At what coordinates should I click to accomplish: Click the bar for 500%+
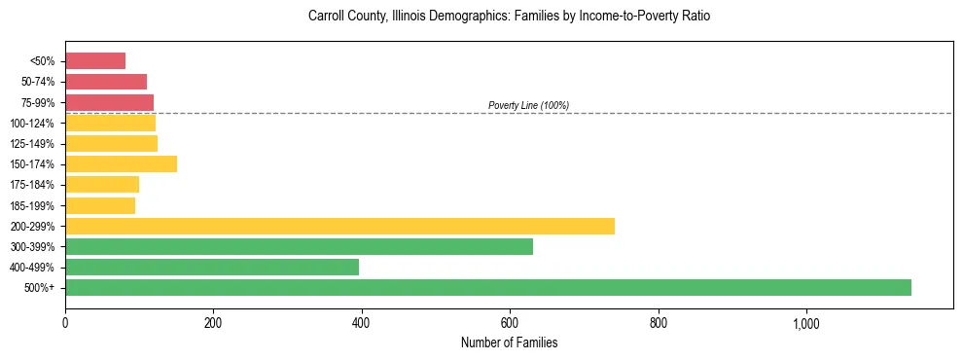(x=488, y=287)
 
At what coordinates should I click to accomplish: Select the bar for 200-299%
(x=339, y=226)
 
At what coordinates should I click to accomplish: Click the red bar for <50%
(x=95, y=60)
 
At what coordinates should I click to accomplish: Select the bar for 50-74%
(x=106, y=81)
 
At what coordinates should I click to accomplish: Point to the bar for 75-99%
(x=109, y=102)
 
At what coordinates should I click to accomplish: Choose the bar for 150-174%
(x=121, y=163)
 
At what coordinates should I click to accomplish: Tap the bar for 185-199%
(x=100, y=205)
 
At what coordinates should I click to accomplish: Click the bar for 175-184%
(x=102, y=184)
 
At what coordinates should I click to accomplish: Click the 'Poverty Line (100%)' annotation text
(x=528, y=105)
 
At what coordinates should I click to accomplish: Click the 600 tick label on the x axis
(x=510, y=324)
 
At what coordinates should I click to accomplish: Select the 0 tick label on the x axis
(x=65, y=324)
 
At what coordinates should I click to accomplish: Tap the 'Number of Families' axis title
(x=509, y=343)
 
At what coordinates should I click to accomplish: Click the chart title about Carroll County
(x=509, y=17)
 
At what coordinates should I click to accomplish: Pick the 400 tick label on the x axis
(x=362, y=324)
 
